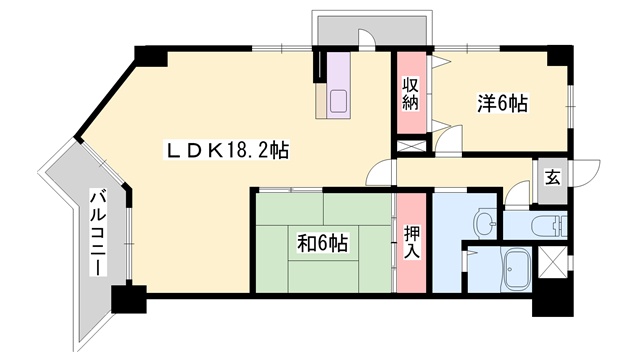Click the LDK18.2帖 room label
coord(227,151)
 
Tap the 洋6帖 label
coord(503,104)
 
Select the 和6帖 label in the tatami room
coord(322,244)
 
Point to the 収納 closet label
coord(411,94)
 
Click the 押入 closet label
coord(412,242)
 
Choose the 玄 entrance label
coord(552,178)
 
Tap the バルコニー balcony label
coord(98,232)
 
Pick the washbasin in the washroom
coord(484,224)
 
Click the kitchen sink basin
coord(338,101)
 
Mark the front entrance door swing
coord(586,173)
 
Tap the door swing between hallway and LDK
coord(380,173)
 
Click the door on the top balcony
coord(366,39)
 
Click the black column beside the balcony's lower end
coord(129,299)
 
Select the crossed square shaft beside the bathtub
coord(553,262)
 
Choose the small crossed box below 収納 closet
coord(411,147)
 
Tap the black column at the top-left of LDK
coord(151,56)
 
